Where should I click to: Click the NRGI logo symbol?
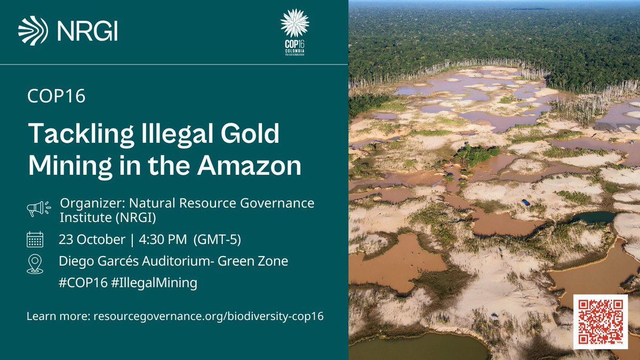tap(33, 31)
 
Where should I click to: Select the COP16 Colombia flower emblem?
tap(294, 23)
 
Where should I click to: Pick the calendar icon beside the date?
tap(35, 240)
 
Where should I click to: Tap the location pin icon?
tap(35, 263)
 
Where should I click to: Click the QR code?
tap(600, 322)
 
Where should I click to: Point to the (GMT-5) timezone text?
tap(218, 240)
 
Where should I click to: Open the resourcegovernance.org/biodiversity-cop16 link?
tap(208, 316)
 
